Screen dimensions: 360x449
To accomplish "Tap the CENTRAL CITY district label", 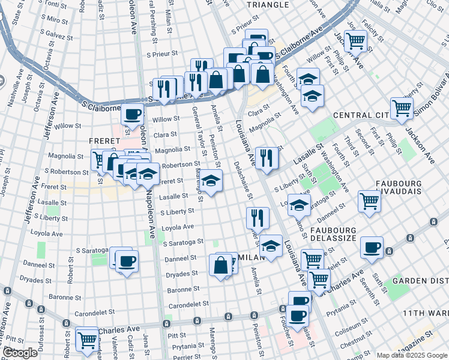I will tap(361, 115).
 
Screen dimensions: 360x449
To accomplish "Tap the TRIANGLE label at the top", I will tap(267, 5).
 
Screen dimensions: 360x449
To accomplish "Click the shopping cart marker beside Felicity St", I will tap(355, 41).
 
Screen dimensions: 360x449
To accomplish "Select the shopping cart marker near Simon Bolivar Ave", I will tap(402, 109).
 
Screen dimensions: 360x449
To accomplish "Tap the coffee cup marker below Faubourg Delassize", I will tap(372, 247).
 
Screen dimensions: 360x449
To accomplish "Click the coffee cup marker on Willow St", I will tap(132, 113).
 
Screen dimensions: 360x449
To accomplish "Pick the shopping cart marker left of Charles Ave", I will tap(87, 338).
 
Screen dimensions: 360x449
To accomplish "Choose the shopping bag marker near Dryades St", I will tap(221, 265).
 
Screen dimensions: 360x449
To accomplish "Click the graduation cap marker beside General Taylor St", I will tap(210, 180).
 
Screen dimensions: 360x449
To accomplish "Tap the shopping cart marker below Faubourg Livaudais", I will tap(369, 201).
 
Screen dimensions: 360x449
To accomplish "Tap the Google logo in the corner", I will tap(20, 353).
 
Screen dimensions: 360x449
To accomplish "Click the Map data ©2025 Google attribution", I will tap(411, 355).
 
